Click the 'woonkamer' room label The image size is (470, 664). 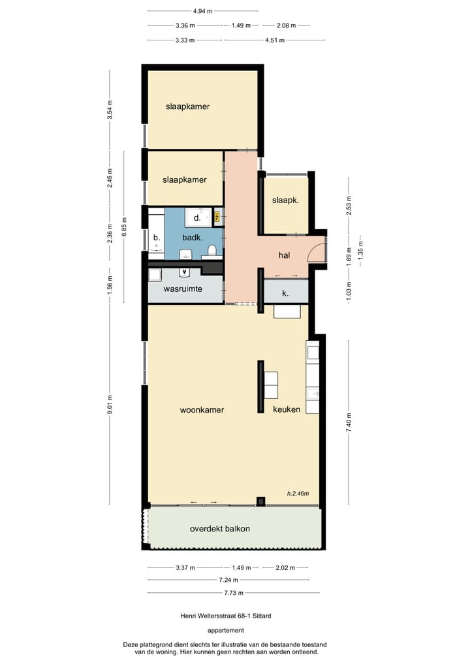(x=202, y=410)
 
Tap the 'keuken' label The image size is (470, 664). (x=287, y=409)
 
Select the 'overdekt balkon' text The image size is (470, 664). (x=219, y=529)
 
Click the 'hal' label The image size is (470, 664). (x=284, y=255)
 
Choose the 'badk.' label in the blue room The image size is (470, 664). (x=192, y=238)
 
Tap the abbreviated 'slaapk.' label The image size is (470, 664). (x=285, y=200)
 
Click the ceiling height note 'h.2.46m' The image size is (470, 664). (x=298, y=494)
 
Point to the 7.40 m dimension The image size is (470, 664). (x=349, y=420)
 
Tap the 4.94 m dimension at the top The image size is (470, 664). (x=202, y=11)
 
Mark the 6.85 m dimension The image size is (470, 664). (x=124, y=227)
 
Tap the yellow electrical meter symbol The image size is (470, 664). (x=218, y=215)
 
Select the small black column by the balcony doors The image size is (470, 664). (x=261, y=501)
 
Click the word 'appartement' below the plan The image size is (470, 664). (x=226, y=630)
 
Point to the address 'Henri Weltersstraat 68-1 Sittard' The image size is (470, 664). (x=226, y=615)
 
